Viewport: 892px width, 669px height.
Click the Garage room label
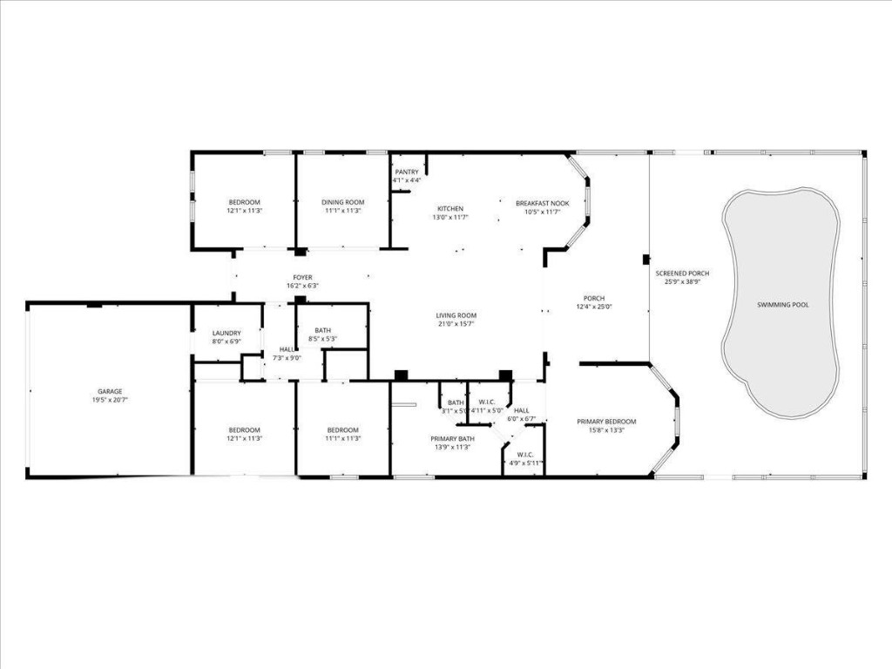pyautogui.click(x=110, y=391)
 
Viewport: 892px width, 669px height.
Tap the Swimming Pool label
pyautogui.click(x=783, y=305)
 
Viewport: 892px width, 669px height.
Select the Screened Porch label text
pyautogui.click(x=682, y=274)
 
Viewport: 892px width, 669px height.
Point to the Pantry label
pyautogui.click(x=407, y=172)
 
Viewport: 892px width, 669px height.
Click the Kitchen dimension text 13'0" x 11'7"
pyautogui.click(x=450, y=217)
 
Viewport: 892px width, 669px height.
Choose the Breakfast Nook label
pyautogui.click(x=542, y=202)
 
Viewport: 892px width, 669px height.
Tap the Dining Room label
pyautogui.click(x=342, y=202)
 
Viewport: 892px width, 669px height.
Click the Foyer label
pyautogui.click(x=302, y=277)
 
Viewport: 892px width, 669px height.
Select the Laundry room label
pyautogui.click(x=226, y=333)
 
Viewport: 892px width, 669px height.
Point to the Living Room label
pyautogui.click(x=456, y=315)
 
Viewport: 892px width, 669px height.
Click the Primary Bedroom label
pyautogui.click(x=606, y=422)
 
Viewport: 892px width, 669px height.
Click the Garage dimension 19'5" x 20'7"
pyautogui.click(x=110, y=400)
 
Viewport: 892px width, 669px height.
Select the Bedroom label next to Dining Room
pyautogui.click(x=244, y=202)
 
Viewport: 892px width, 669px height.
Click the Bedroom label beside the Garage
pyautogui.click(x=244, y=429)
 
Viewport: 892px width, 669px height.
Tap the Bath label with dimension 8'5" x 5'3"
pyautogui.click(x=323, y=330)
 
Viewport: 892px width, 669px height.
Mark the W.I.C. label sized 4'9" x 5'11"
pyautogui.click(x=525, y=454)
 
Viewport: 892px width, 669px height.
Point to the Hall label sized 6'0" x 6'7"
pyautogui.click(x=521, y=410)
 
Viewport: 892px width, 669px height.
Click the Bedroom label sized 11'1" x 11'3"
pyautogui.click(x=342, y=429)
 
